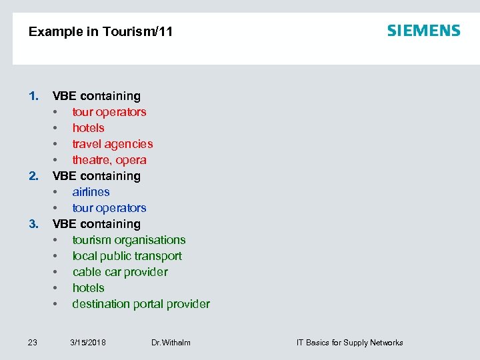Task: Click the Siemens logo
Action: (423, 31)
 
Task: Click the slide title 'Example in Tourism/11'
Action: (101, 31)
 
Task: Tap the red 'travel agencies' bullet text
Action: (112, 144)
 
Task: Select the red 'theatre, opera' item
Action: (109, 160)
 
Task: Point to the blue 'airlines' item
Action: (91, 192)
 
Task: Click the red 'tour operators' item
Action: (109, 112)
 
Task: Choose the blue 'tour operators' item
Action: (109, 208)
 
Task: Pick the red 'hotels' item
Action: (88, 128)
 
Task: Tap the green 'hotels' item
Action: (88, 288)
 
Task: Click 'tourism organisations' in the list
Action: (129, 240)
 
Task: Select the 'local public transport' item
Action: (127, 256)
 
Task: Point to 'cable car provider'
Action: (120, 272)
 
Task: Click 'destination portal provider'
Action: (141, 304)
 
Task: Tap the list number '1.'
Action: (33, 96)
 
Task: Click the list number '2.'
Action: (33, 176)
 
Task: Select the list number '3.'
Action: (33, 224)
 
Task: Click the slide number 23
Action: (33, 343)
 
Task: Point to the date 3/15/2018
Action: (88, 343)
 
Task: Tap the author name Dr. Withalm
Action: (171, 343)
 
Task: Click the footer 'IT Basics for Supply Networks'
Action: (349, 343)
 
